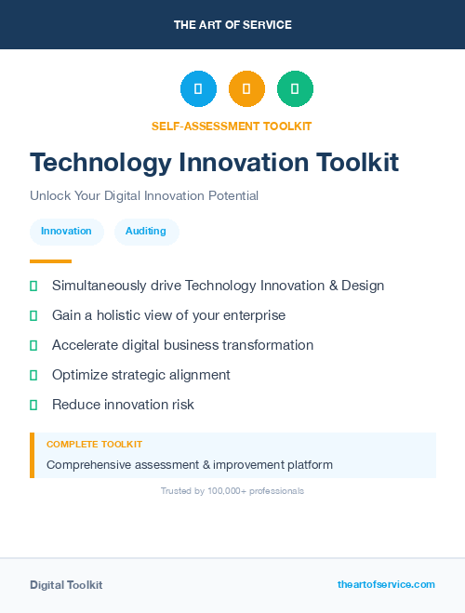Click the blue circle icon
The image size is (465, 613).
pos(198,89)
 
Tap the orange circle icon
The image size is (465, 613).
pos(246,89)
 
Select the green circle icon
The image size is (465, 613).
pos(295,89)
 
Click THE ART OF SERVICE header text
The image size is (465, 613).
pos(232,25)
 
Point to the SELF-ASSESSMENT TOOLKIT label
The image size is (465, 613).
pos(232,126)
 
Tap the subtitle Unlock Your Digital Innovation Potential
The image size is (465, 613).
pos(144,196)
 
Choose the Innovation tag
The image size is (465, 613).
pos(66,232)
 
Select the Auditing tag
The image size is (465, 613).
pos(146,232)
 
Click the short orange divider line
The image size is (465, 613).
pos(50,261)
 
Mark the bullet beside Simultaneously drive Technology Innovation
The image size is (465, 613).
pos(33,286)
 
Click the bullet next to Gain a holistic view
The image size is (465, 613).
pos(33,315)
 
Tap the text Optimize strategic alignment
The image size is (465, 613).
pos(141,375)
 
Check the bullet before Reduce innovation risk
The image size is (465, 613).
pos(33,405)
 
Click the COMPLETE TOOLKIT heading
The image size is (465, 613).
pos(94,445)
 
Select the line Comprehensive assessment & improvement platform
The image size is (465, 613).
pos(190,464)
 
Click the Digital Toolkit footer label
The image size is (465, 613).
pos(66,585)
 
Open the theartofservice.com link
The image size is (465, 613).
pos(386,584)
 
